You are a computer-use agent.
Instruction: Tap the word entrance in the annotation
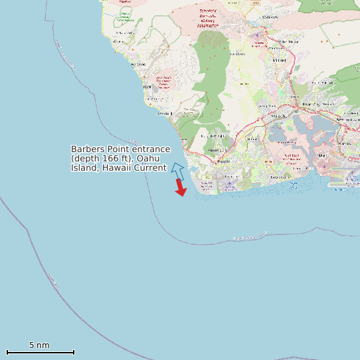pyautogui.click(x=151, y=149)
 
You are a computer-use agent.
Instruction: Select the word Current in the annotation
pyautogui.click(x=150, y=167)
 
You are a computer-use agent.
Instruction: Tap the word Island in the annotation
pyautogui.click(x=84, y=167)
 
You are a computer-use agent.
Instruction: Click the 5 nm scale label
pyautogui.click(x=39, y=345)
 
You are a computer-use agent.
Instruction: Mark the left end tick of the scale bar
pyautogui.click(x=7, y=352)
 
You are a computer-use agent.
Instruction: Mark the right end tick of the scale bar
pyautogui.click(x=74, y=352)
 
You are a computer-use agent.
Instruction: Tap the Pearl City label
pyautogui.click(x=311, y=104)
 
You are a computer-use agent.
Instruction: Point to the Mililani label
pyautogui.click(x=279, y=60)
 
